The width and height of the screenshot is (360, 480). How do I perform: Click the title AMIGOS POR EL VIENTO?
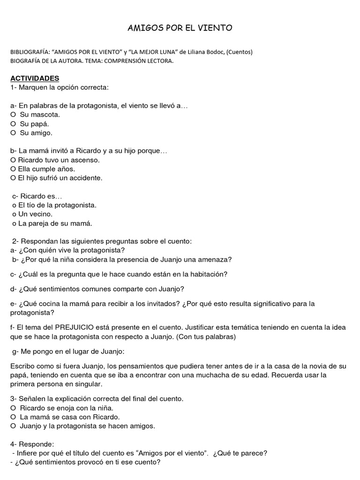(x=180, y=29)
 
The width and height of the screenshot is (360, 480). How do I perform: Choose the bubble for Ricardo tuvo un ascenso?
(x=13, y=160)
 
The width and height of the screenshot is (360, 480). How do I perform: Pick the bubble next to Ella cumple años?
(x=13, y=169)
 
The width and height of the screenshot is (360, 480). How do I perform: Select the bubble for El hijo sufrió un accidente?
(x=13, y=178)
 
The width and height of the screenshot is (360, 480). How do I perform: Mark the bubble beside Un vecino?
(x=15, y=215)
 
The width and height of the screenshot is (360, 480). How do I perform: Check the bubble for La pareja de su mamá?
(x=15, y=224)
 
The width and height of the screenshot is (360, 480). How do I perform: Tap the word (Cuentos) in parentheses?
(x=239, y=52)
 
